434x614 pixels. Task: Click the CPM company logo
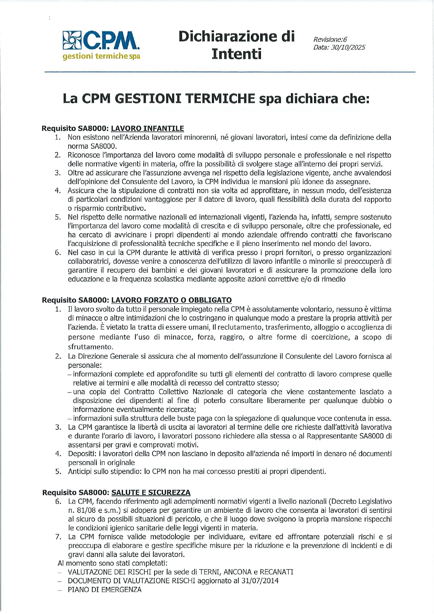point(101,40)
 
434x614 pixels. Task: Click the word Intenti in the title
point(236,54)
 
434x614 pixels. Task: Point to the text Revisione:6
point(330,40)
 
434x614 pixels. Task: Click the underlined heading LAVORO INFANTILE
point(147,128)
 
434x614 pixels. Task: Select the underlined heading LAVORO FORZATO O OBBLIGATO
point(171,300)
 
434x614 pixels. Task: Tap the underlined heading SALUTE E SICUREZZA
point(151,493)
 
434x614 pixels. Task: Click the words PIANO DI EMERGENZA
point(105,590)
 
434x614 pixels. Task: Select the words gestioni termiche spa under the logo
point(101,56)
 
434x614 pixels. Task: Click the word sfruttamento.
point(91,347)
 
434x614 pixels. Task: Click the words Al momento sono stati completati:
point(113,563)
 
